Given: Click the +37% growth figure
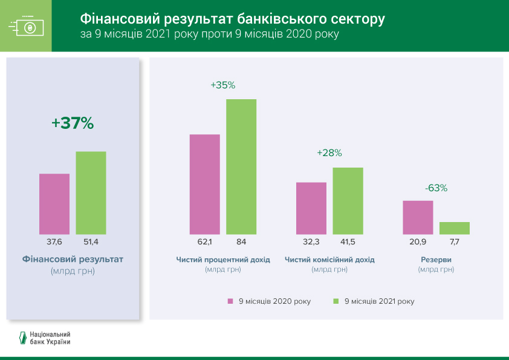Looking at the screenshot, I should [73, 123].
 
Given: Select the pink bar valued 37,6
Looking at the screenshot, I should [54, 204].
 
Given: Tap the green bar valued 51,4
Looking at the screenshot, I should [91, 192].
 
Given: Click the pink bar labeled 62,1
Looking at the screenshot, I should [205, 184].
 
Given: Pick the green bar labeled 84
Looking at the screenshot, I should [241, 166].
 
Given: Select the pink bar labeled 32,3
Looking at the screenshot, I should [311, 208].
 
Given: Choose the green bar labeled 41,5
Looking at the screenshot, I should [348, 201].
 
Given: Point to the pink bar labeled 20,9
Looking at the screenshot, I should [418, 217].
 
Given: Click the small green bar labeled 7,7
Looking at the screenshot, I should [455, 228].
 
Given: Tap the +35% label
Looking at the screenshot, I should [222, 85].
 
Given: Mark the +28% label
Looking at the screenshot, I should [329, 154].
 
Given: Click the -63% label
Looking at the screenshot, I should [436, 188].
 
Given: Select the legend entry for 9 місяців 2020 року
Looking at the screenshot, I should [269, 301].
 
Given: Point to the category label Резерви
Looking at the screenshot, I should [436, 260].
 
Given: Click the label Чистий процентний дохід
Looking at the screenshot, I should [223, 260].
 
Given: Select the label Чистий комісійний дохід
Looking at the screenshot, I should [329, 260].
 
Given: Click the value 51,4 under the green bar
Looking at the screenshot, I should [91, 242].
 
